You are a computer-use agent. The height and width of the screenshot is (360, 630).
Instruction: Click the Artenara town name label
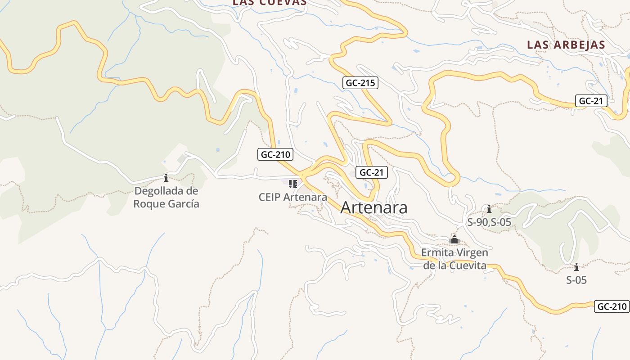[374, 207]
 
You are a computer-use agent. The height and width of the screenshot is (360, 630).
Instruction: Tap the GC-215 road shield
[360, 83]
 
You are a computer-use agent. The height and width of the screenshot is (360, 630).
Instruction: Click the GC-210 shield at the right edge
[612, 307]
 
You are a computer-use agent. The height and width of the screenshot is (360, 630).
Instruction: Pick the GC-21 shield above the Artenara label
[371, 172]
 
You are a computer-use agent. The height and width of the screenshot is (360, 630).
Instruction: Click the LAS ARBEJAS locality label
[566, 45]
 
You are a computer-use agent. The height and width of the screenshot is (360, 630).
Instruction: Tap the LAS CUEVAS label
[269, 3]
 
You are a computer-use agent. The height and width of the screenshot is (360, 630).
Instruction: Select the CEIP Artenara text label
[293, 197]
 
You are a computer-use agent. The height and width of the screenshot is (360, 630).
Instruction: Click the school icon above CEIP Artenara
[293, 184]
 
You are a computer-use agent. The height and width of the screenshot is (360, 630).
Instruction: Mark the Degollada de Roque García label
[166, 197]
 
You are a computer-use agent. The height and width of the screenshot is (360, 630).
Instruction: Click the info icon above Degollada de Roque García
[166, 178]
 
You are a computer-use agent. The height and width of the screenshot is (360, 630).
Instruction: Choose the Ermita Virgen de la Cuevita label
[454, 259]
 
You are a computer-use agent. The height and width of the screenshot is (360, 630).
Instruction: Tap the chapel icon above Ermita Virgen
[454, 239]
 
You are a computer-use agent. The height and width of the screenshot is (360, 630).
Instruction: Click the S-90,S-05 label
[489, 222]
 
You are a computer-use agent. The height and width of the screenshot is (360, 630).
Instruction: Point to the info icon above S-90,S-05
[489, 209]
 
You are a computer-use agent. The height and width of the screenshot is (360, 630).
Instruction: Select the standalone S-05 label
[576, 280]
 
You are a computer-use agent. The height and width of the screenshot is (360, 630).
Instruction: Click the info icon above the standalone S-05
[576, 267]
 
